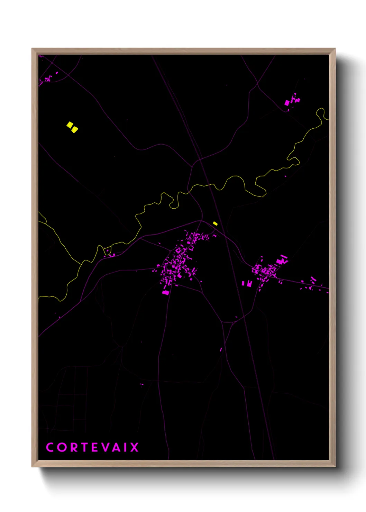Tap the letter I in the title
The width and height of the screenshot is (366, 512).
click(x=126, y=447)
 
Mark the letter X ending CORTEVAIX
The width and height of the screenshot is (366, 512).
click(x=134, y=447)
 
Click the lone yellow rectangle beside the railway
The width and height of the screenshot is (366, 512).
click(x=215, y=223)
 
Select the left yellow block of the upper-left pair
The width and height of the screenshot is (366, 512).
click(x=70, y=125)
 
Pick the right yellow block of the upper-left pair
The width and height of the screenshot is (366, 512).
click(x=75, y=130)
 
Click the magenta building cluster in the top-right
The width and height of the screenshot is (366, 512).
click(x=292, y=101)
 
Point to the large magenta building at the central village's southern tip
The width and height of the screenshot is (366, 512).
click(x=166, y=292)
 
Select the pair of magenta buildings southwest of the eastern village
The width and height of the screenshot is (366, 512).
click(x=247, y=284)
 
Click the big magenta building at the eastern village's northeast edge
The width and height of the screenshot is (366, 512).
click(x=282, y=260)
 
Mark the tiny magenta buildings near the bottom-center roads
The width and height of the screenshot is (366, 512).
click(x=141, y=384)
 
